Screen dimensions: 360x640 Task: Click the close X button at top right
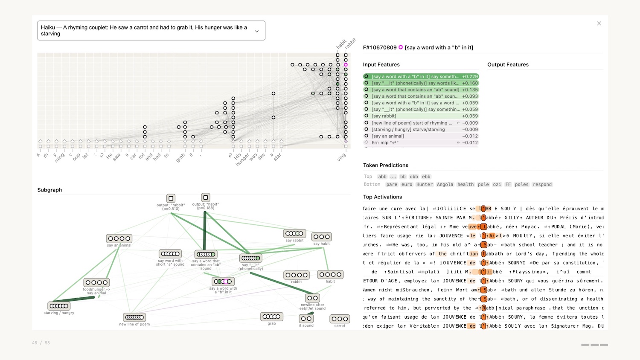599,23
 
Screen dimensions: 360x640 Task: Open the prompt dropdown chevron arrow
257,31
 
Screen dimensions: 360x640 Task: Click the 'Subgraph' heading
49,190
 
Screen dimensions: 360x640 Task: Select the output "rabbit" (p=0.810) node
171,198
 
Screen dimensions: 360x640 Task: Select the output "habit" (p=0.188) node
206,197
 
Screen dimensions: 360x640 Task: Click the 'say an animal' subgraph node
119,238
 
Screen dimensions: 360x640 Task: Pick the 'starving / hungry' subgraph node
59,306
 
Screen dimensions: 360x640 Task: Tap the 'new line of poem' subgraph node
134,317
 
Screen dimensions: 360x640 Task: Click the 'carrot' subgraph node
340,319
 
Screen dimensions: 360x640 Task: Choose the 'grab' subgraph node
272,316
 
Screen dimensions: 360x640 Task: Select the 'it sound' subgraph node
306,319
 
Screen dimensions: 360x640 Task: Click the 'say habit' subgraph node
322,237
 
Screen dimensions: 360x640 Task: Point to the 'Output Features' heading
508,65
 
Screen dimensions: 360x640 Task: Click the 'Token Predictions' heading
385,165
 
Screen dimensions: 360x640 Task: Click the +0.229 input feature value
470,77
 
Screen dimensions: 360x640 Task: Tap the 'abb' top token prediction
382,177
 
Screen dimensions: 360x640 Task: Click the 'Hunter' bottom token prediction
424,185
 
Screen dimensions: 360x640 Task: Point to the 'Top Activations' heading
382,197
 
